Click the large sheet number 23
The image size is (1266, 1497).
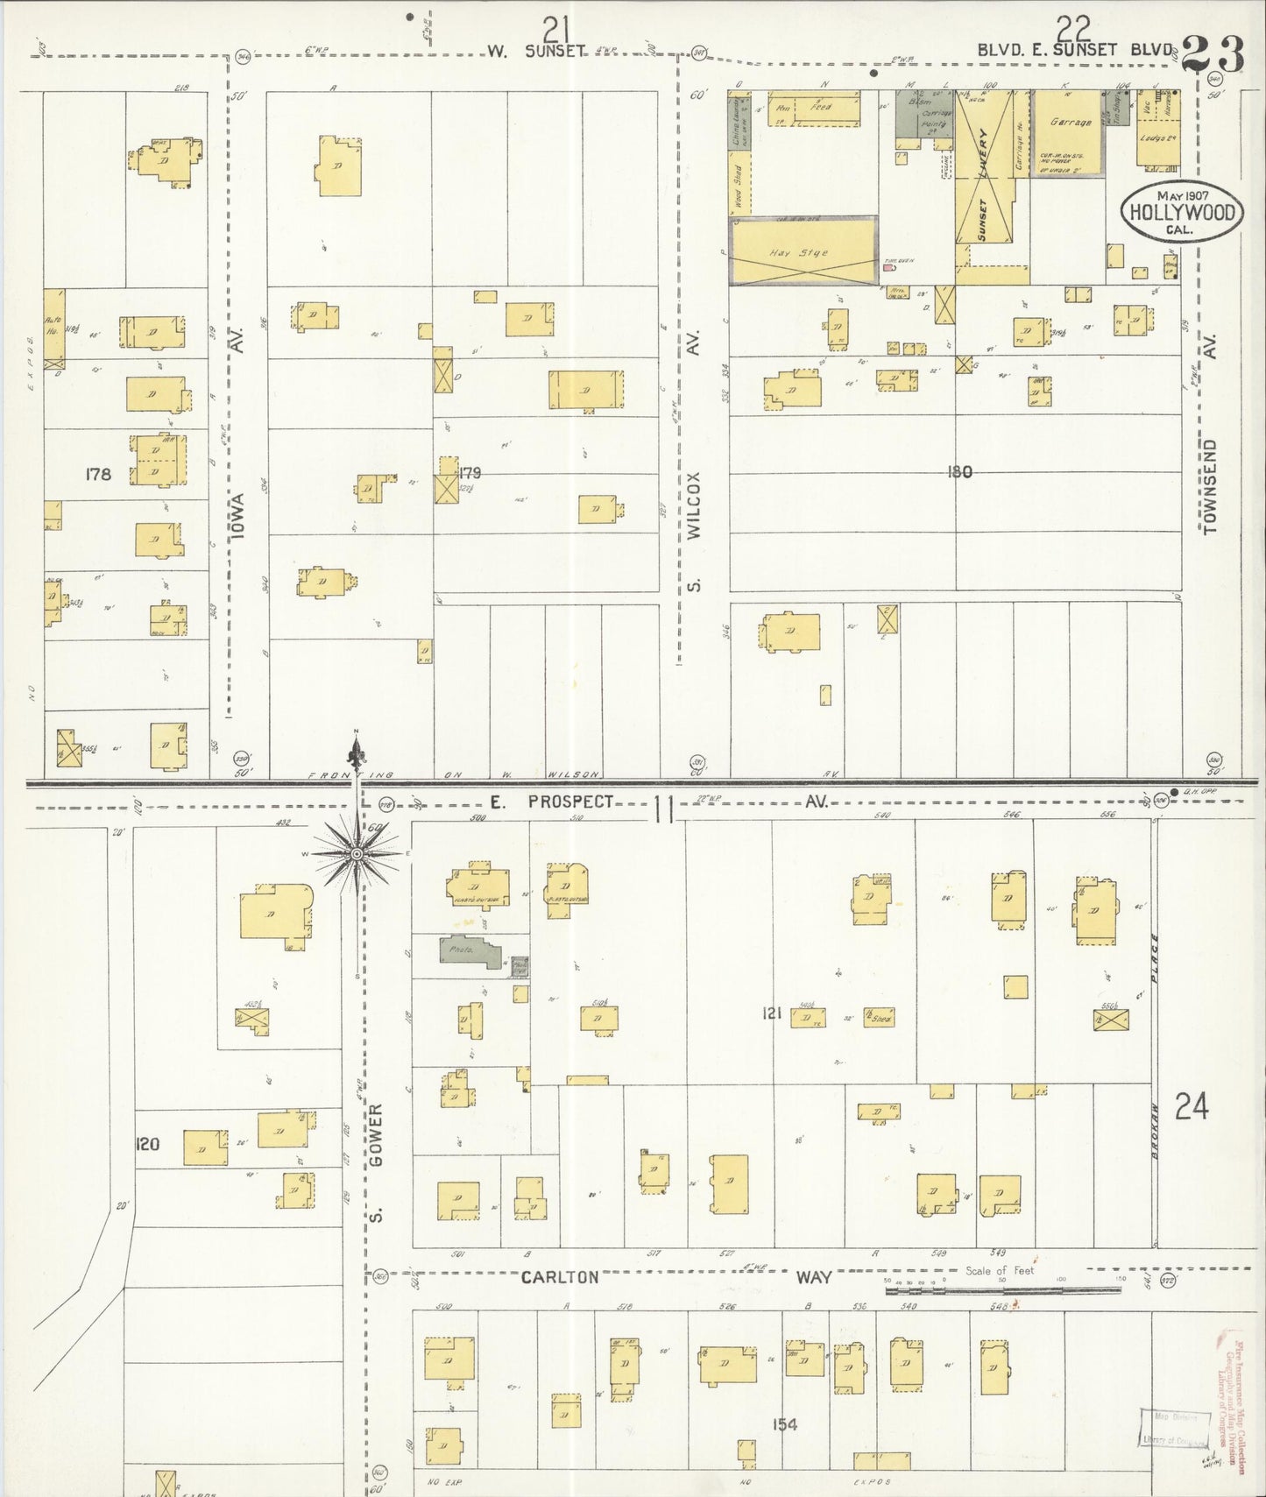(1212, 54)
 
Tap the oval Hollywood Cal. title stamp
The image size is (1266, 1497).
(1182, 211)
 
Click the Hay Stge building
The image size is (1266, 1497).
(803, 251)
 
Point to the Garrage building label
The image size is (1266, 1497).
(1070, 123)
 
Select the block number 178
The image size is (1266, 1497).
(98, 474)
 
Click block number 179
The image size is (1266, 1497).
(470, 473)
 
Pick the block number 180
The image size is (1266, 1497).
(959, 472)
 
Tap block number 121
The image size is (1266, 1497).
(771, 1013)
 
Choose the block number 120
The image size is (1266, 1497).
(147, 1144)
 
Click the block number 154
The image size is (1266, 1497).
(784, 1424)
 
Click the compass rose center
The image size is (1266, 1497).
(357, 853)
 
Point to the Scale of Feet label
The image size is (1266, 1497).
(999, 1270)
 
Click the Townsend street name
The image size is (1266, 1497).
(1210, 487)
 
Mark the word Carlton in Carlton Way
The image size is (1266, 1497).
(560, 1277)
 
